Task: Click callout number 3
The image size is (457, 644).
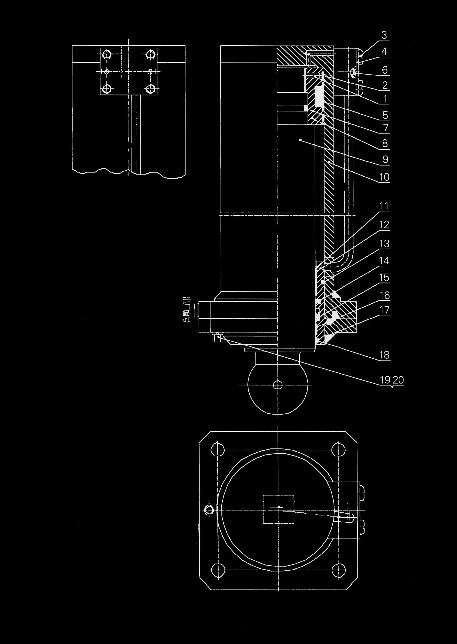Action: click(384, 35)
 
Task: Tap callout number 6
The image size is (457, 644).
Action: click(385, 70)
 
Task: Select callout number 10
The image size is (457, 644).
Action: click(384, 177)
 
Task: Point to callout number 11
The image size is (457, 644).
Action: click(384, 206)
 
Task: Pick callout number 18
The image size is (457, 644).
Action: click(384, 355)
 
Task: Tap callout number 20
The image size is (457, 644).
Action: click(398, 380)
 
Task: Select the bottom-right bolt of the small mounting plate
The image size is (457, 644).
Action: click(151, 89)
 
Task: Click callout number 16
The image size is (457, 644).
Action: click(385, 296)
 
